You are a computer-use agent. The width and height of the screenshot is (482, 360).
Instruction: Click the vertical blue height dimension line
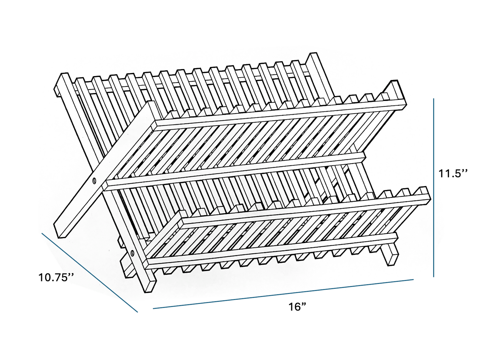pyautogui.click(x=434, y=187)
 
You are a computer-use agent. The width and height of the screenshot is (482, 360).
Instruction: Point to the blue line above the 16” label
pyautogui.click(x=284, y=294)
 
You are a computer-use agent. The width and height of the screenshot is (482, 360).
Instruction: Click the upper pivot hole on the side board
pyautogui.click(x=94, y=181)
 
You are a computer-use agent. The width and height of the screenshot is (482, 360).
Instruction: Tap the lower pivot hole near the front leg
pyautogui.click(x=133, y=253)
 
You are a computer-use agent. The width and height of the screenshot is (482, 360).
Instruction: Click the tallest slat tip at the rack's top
pyautogui.click(x=313, y=57)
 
